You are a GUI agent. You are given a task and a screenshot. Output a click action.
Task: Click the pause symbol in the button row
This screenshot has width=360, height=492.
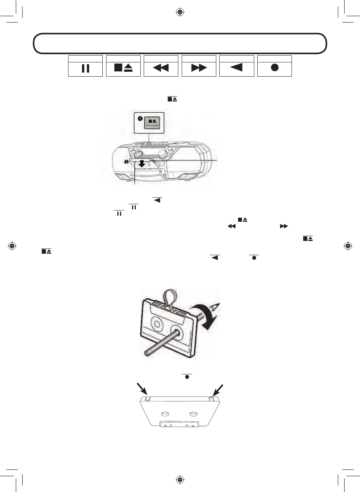(x=85, y=68)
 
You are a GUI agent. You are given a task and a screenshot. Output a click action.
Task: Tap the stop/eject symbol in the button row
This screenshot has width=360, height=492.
(x=123, y=68)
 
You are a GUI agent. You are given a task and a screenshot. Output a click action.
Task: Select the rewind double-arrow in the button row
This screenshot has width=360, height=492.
(x=161, y=68)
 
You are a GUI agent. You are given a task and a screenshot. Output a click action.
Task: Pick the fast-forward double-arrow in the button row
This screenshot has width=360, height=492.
(x=199, y=68)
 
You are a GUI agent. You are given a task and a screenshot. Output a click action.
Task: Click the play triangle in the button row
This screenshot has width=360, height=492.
(x=236, y=67)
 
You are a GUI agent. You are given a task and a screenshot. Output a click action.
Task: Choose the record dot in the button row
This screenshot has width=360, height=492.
(x=275, y=68)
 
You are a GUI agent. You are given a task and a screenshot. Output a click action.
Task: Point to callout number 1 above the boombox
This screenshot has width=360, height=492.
(x=140, y=118)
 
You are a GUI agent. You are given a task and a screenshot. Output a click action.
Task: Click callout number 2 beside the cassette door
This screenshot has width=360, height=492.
(x=126, y=162)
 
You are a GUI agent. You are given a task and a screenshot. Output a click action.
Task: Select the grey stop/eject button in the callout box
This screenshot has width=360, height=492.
(x=152, y=122)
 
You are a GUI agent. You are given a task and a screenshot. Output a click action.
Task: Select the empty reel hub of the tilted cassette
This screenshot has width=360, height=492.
(x=156, y=323)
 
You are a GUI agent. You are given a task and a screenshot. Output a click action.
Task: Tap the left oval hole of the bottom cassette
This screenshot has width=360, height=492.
(x=165, y=414)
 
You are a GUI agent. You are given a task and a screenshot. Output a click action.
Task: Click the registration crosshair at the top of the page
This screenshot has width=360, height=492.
(x=180, y=12)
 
